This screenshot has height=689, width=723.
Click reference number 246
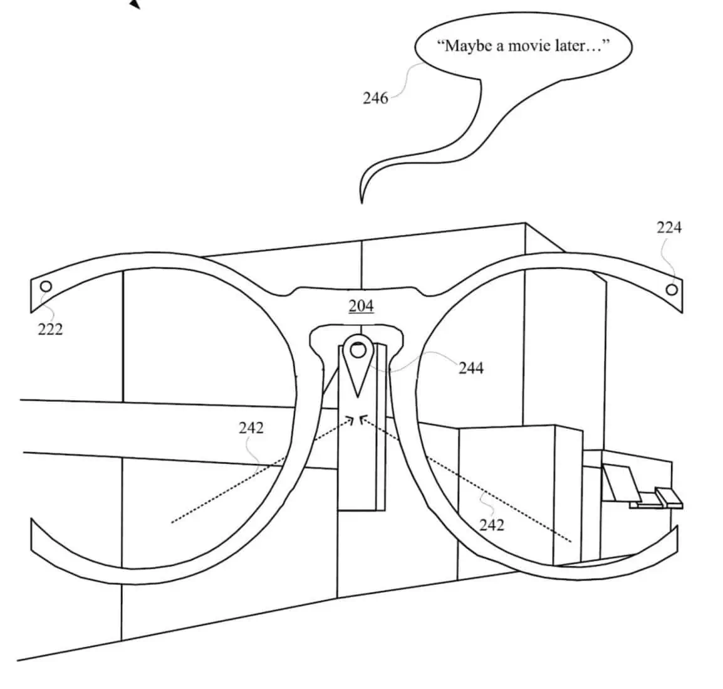click(x=375, y=98)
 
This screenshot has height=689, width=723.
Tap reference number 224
click(x=668, y=228)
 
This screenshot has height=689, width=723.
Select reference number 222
click(x=50, y=329)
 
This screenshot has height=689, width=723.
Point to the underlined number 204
click(x=361, y=306)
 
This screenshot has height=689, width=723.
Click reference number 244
click(x=471, y=368)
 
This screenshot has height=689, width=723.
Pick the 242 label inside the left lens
click(x=251, y=428)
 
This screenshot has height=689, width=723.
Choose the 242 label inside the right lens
click(x=491, y=524)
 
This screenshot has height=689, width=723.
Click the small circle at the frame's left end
click(x=45, y=287)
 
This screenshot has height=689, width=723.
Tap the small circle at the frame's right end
click(x=672, y=290)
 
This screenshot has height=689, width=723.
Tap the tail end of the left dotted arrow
click(x=172, y=521)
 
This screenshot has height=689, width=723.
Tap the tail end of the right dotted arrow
click(x=571, y=540)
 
